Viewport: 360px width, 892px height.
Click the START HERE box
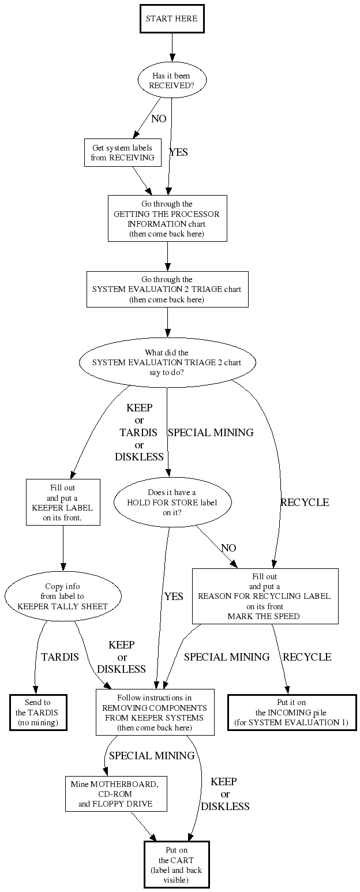tap(171, 19)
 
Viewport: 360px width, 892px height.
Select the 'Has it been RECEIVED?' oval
tap(171, 80)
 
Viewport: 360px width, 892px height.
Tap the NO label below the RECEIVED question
tap(158, 119)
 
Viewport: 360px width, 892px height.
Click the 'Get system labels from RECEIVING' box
tap(122, 153)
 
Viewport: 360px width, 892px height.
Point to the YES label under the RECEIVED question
tap(178, 153)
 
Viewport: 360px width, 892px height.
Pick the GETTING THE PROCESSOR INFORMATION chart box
tap(167, 219)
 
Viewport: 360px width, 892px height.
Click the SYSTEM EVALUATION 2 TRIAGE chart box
tap(167, 289)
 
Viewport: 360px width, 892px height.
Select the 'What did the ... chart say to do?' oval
tap(167, 362)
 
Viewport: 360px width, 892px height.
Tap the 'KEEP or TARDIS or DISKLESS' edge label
tap(139, 432)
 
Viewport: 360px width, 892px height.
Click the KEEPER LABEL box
tap(63, 502)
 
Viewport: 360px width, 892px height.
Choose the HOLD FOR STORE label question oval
tap(172, 502)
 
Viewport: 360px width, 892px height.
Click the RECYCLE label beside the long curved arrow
tap(305, 503)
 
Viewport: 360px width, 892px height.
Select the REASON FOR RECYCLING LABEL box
tap(265, 596)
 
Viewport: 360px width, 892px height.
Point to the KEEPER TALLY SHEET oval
tap(63, 596)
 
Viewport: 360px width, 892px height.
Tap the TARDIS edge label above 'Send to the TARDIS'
tap(60, 657)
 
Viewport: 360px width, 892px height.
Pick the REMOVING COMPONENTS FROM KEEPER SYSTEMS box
tap(155, 712)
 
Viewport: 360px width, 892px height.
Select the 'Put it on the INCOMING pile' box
tap(292, 712)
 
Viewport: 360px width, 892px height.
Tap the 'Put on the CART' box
tap(177, 864)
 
